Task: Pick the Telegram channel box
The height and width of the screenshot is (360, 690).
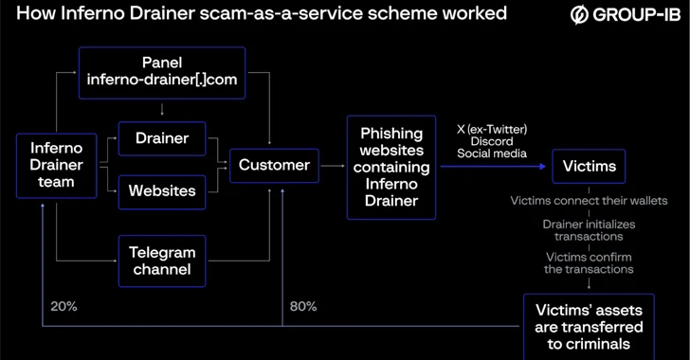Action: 163,261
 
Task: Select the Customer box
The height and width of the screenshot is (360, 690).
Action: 274,166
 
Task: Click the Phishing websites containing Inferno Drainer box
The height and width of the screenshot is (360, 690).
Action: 389,167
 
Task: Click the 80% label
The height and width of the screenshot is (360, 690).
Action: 302,306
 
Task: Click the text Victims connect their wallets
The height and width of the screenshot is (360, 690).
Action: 589,201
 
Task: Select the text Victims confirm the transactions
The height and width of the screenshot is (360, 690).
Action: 589,262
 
